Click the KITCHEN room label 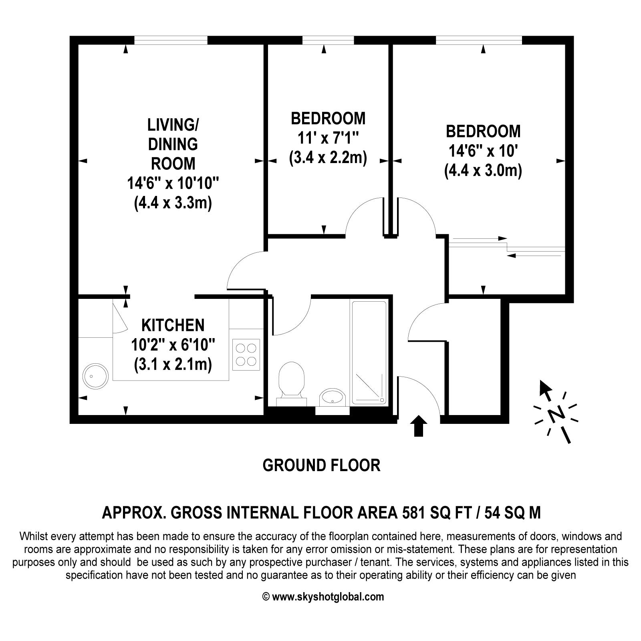[173, 325]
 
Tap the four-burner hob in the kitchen [246, 355]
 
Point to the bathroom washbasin [333, 398]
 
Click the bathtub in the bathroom [369, 353]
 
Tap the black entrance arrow [419, 425]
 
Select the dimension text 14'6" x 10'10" [173, 184]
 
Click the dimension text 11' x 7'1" [328, 138]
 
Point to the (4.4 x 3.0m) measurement [483, 171]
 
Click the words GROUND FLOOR [321, 466]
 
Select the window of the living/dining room [171, 40]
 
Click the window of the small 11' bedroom [328, 40]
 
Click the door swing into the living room [244, 268]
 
